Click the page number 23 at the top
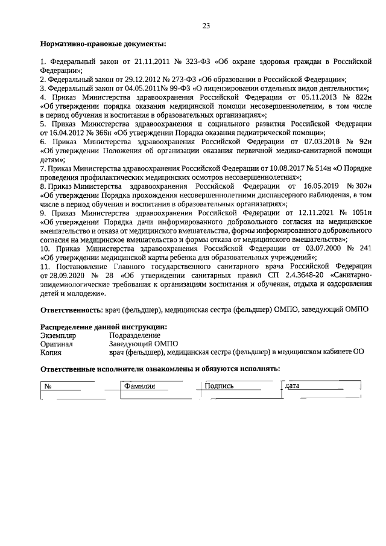(206, 25)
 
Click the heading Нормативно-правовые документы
(103, 44)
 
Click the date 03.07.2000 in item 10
(324, 248)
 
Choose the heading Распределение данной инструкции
(104, 326)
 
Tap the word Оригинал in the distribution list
(57, 343)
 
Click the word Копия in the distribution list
(51, 352)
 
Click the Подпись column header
(219, 386)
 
